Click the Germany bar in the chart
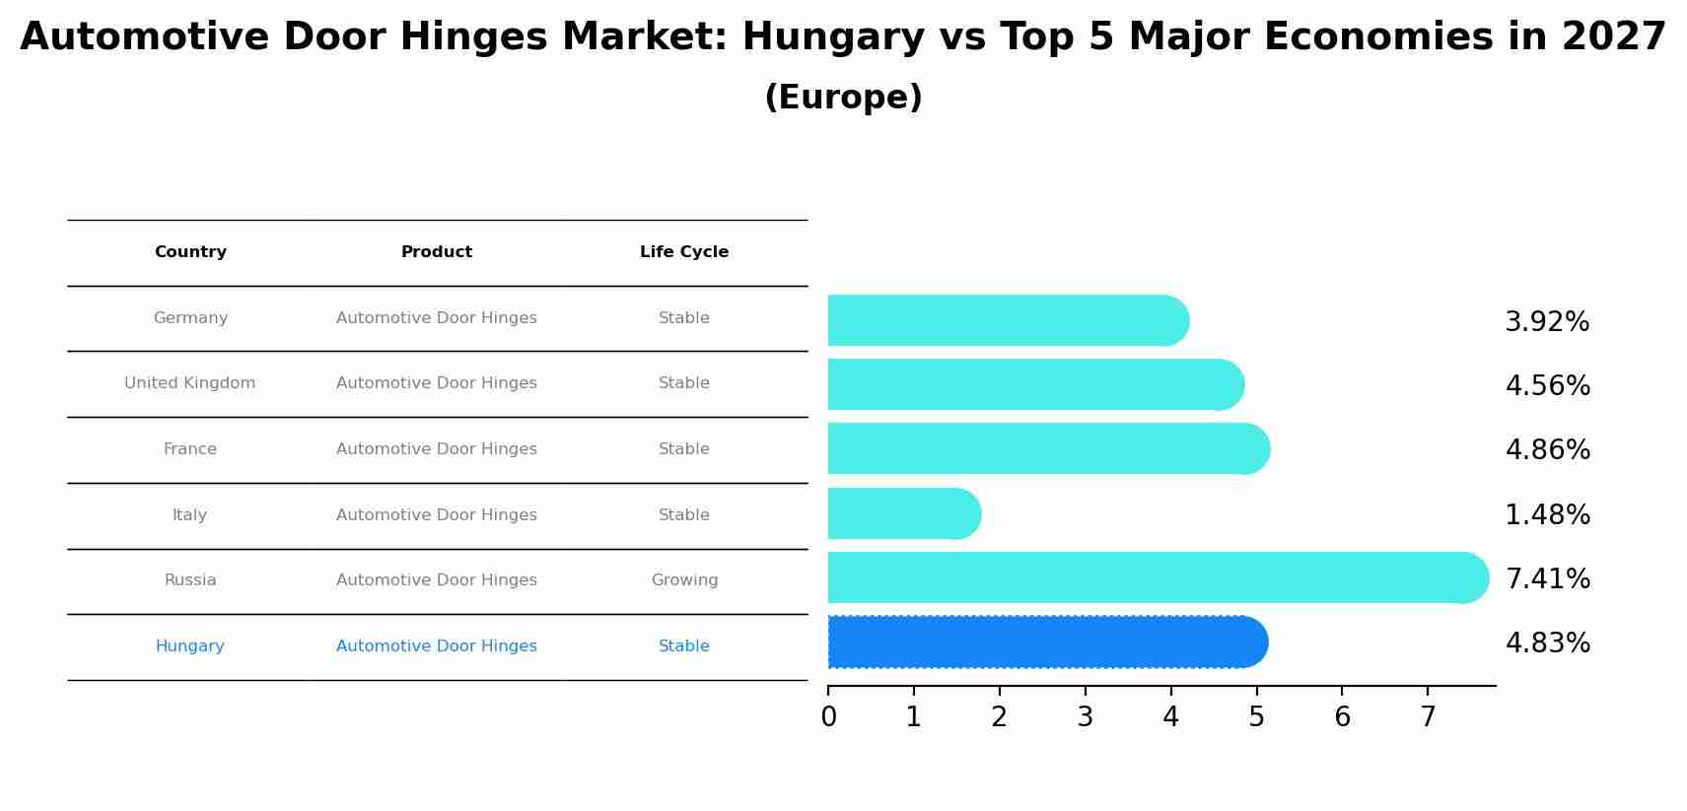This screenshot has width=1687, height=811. point(1006,320)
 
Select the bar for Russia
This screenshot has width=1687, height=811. point(1154,577)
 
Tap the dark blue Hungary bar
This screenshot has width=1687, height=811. point(1045,642)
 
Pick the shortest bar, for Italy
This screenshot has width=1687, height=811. point(902,513)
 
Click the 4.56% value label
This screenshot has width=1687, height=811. point(1547,385)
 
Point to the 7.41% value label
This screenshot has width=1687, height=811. point(1547,578)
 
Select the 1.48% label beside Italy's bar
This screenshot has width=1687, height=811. point(1547,514)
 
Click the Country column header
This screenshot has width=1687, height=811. point(190,252)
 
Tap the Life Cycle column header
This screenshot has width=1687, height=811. point(683,252)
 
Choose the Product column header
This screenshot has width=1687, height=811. point(436,252)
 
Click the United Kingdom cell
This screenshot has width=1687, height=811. point(189,383)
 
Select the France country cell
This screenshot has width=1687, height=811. point(189,449)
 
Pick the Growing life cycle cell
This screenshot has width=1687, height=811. point(684,580)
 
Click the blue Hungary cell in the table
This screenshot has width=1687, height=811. point(189,646)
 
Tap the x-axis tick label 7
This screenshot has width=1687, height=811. point(1427,717)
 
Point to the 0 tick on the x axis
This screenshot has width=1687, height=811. point(828,717)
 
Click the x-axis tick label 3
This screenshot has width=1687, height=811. point(1085,717)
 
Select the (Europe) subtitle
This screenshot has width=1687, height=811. point(843,98)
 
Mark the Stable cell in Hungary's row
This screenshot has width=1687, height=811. point(683,646)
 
